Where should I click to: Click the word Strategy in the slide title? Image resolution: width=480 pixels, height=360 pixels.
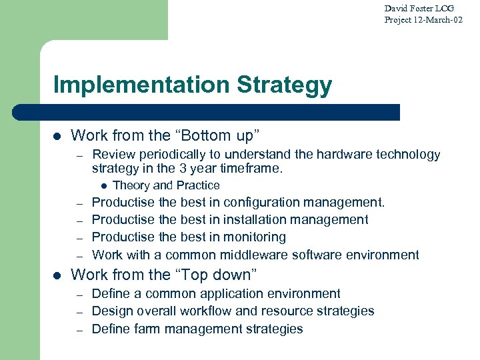(x=285, y=85)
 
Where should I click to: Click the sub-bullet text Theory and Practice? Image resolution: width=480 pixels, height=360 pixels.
(x=166, y=185)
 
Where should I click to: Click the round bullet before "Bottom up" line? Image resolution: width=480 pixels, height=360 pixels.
(x=57, y=136)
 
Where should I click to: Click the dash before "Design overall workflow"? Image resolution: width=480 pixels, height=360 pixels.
(x=79, y=311)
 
